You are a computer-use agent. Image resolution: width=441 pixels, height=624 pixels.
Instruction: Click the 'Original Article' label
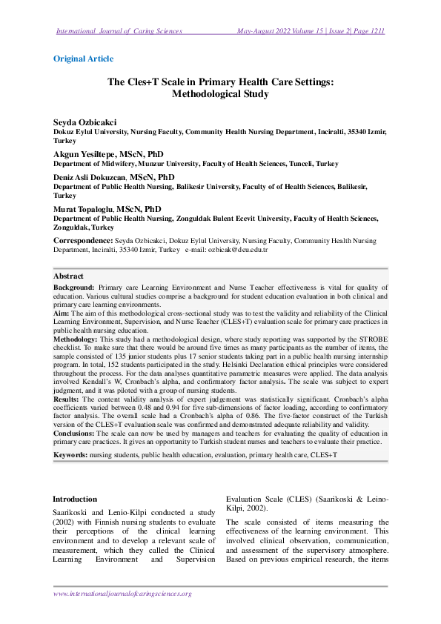(x=84, y=59)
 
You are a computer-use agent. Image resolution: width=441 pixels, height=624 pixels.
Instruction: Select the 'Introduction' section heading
(x=76, y=479)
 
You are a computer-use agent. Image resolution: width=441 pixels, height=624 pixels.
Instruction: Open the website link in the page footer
(x=122, y=594)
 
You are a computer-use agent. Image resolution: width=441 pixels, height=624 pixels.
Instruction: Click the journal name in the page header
(x=119, y=31)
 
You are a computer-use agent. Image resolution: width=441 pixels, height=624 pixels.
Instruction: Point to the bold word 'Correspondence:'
(x=83, y=242)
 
